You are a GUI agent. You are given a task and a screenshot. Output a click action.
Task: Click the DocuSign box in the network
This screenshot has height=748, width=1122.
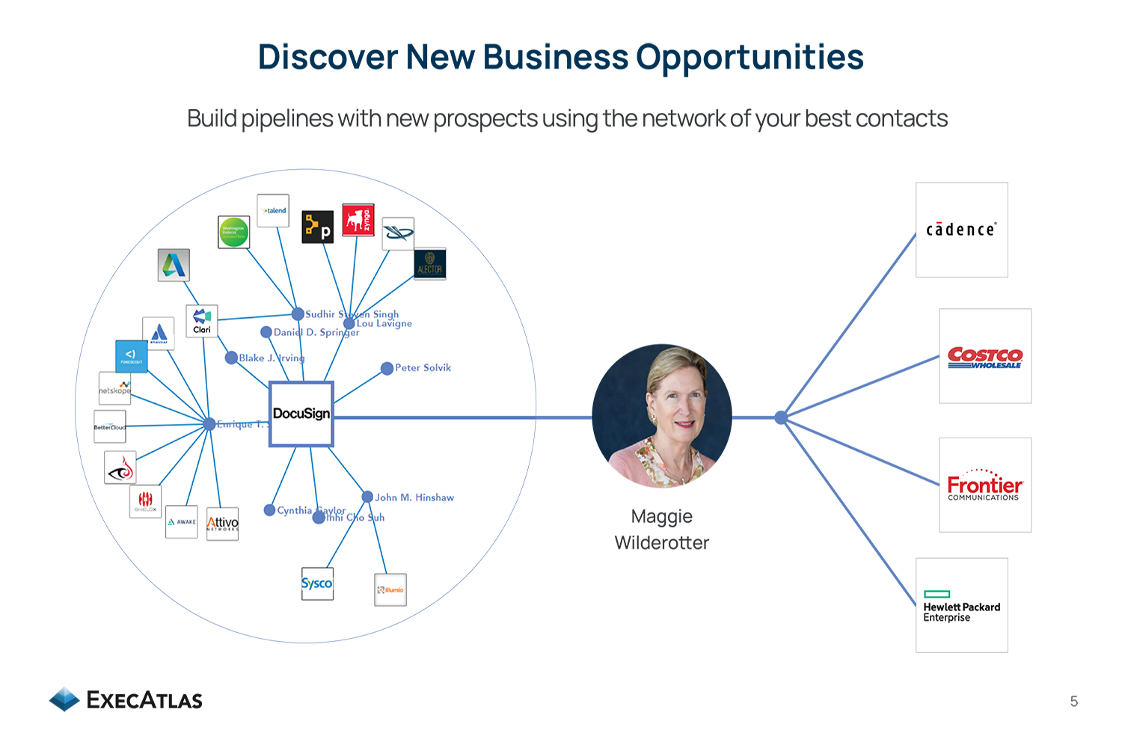click(x=301, y=414)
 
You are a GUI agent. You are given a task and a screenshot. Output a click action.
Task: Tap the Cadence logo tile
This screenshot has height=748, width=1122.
click(x=961, y=230)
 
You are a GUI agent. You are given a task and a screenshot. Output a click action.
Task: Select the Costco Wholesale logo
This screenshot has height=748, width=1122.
click(x=984, y=357)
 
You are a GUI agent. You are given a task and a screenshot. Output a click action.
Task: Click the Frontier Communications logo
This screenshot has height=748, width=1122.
click(x=984, y=485)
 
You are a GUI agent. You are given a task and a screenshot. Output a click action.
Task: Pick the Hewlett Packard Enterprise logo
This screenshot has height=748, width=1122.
click(x=961, y=606)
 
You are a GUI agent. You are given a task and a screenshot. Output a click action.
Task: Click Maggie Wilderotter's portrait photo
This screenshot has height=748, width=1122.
click(x=662, y=416)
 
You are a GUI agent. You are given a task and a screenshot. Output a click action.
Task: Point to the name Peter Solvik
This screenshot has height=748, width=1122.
click(x=423, y=368)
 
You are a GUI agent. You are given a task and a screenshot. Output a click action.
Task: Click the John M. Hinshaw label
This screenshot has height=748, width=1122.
click(x=414, y=497)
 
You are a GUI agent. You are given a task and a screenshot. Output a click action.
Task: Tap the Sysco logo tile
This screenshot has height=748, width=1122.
click(x=317, y=583)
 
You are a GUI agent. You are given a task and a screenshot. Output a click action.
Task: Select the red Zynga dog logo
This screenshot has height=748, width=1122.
click(x=358, y=220)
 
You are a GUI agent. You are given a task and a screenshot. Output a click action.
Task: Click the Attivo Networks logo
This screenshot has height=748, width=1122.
click(x=222, y=524)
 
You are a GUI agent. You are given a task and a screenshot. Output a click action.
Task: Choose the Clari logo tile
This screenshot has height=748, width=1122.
click(x=202, y=321)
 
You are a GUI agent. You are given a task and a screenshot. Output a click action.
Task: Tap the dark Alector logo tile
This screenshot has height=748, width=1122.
click(x=430, y=264)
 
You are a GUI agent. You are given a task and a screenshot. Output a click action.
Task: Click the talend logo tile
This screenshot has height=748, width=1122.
click(x=273, y=211)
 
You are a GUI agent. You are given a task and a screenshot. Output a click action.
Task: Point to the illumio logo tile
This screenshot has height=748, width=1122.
click(x=390, y=589)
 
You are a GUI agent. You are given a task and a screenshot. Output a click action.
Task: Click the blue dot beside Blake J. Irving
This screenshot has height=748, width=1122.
click(x=232, y=358)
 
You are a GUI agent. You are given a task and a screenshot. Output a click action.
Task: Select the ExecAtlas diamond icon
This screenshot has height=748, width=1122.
click(x=64, y=699)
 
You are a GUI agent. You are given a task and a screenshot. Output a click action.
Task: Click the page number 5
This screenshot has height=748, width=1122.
click(x=1074, y=702)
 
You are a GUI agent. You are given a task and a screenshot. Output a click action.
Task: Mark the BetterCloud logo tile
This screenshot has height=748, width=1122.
click(x=110, y=426)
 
